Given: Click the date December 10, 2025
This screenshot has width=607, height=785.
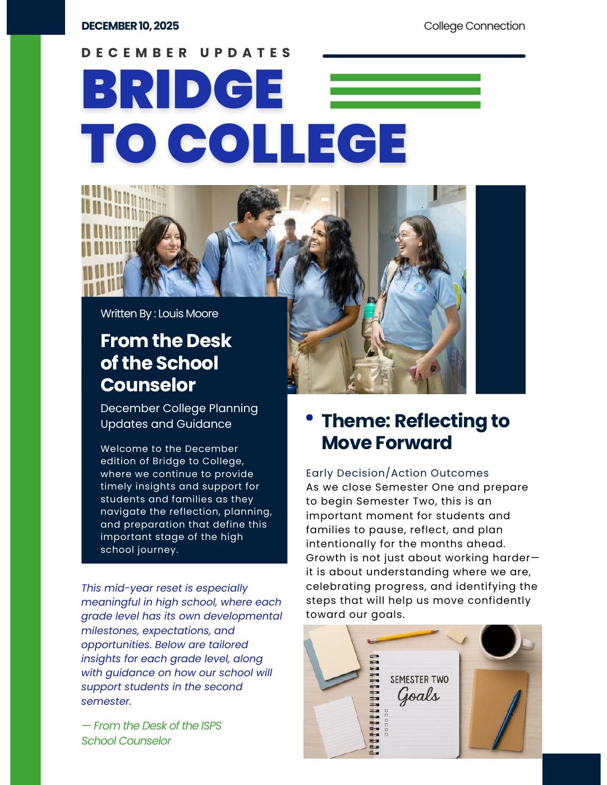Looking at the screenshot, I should click(130, 26).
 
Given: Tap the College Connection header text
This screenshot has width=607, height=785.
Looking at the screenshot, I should click(474, 26).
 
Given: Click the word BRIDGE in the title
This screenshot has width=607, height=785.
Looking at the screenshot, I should click(182, 89).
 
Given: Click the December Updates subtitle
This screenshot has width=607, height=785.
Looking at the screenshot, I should click(187, 53).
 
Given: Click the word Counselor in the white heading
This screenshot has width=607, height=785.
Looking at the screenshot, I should click(148, 385).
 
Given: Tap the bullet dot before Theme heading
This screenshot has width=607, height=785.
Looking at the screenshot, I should click(310, 418).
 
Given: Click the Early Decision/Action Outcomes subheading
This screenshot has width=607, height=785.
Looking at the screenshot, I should click(397, 473).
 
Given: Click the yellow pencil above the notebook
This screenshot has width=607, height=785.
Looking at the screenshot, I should click(403, 636).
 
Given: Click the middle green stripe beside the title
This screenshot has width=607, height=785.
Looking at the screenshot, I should click(405, 91).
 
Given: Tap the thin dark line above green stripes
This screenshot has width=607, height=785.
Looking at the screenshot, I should click(424, 56).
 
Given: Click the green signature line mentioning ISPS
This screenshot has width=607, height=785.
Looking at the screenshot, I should click(151, 726).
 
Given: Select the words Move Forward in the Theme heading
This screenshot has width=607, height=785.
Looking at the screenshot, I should click(387, 443).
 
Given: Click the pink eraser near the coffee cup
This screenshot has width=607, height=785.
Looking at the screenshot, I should click(456, 635).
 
